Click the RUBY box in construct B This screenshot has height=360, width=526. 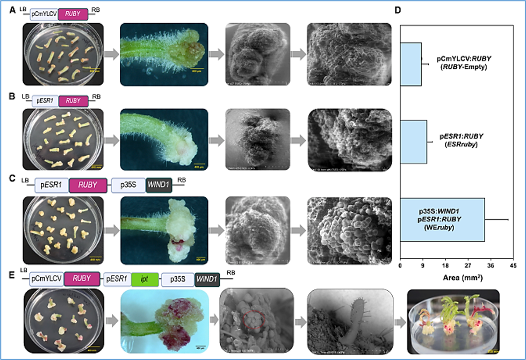click(x=72, y=100)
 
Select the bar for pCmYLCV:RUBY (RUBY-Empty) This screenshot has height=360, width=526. click(x=411, y=64)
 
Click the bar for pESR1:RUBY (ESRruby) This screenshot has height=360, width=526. click(x=414, y=141)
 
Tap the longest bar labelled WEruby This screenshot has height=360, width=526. click(x=443, y=219)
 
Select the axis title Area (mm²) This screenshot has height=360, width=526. click(x=456, y=278)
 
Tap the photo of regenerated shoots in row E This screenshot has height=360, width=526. click(x=453, y=321)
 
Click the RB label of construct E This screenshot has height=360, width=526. click(x=230, y=272)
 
